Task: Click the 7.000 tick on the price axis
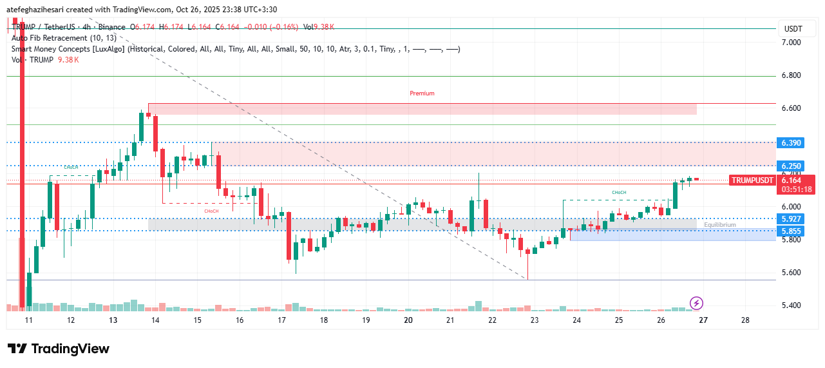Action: [792, 43]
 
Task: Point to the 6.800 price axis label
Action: [792, 75]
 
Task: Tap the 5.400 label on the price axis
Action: [792, 305]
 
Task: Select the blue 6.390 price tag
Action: [792, 142]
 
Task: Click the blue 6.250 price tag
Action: [792, 166]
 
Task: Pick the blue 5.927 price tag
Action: [792, 218]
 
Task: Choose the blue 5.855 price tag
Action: [792, 231]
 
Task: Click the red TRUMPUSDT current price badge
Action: [753, 180]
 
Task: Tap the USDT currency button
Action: [793, 28]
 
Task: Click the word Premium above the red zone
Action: [422, 93]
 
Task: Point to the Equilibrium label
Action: [719, 225]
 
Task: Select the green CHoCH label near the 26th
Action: [618, 193]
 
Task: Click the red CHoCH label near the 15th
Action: [211, 211]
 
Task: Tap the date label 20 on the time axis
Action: [408, 320]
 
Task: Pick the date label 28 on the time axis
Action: [745, 320]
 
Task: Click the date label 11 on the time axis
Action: [28, 320]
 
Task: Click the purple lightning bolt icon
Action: [696, 303]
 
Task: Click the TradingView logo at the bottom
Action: [59, 349]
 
